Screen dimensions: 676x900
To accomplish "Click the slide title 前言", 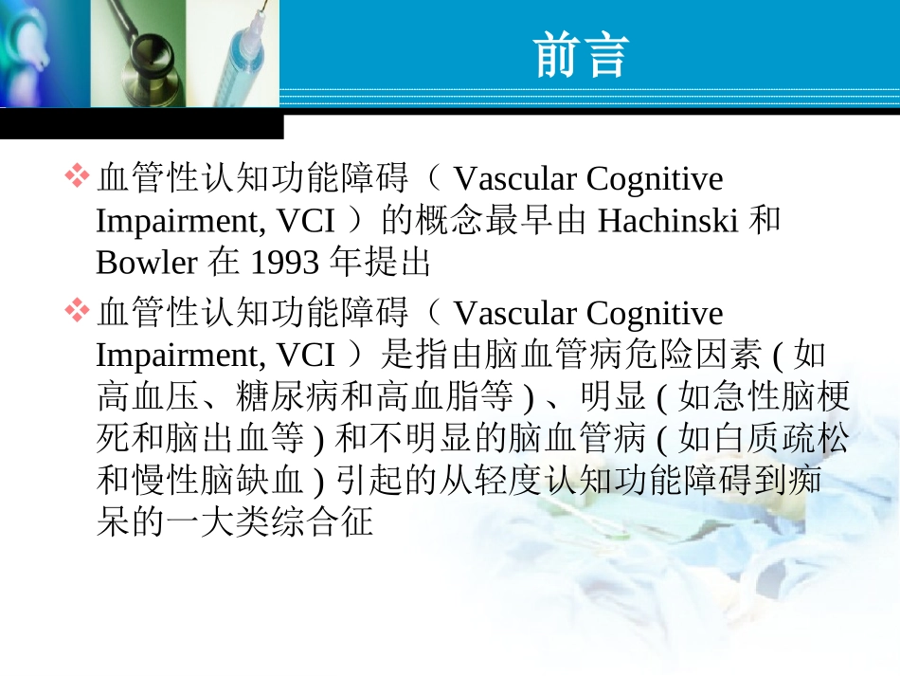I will [x=582, y=54].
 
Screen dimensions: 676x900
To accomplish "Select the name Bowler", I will [x=146, y=262].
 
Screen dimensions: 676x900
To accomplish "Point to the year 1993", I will [x=284, y=262].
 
